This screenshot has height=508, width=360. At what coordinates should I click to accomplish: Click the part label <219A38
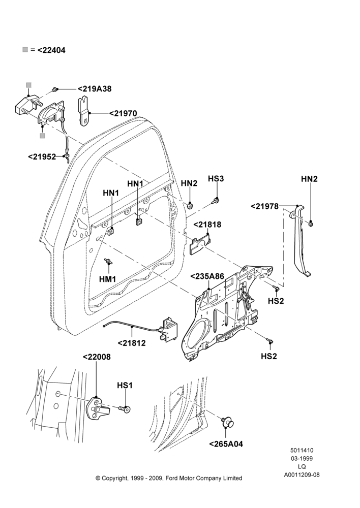[95, 89]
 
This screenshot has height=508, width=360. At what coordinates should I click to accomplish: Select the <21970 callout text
[123, 113]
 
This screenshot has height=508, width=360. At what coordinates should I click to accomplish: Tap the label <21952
[42, 156]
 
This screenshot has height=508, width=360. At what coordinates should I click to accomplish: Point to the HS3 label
[216, 178]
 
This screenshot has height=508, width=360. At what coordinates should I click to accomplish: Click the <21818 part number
[207, 224]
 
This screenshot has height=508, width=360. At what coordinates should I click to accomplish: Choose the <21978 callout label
[264, 206]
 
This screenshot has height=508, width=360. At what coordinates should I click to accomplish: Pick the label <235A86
[207, 276]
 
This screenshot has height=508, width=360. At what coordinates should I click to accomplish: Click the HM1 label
[108, 278]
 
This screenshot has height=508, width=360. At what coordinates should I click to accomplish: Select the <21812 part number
[131, 342]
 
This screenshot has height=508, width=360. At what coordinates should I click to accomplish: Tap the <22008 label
[97, 357]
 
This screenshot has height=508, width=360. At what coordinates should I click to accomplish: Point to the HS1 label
[125, 385]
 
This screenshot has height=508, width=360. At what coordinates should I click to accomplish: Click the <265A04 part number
[226, 444]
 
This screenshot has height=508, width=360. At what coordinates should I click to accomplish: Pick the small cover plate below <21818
[200, 245]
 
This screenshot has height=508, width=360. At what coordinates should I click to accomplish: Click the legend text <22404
[51, 50]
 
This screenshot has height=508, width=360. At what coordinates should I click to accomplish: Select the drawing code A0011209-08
[302, 475]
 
